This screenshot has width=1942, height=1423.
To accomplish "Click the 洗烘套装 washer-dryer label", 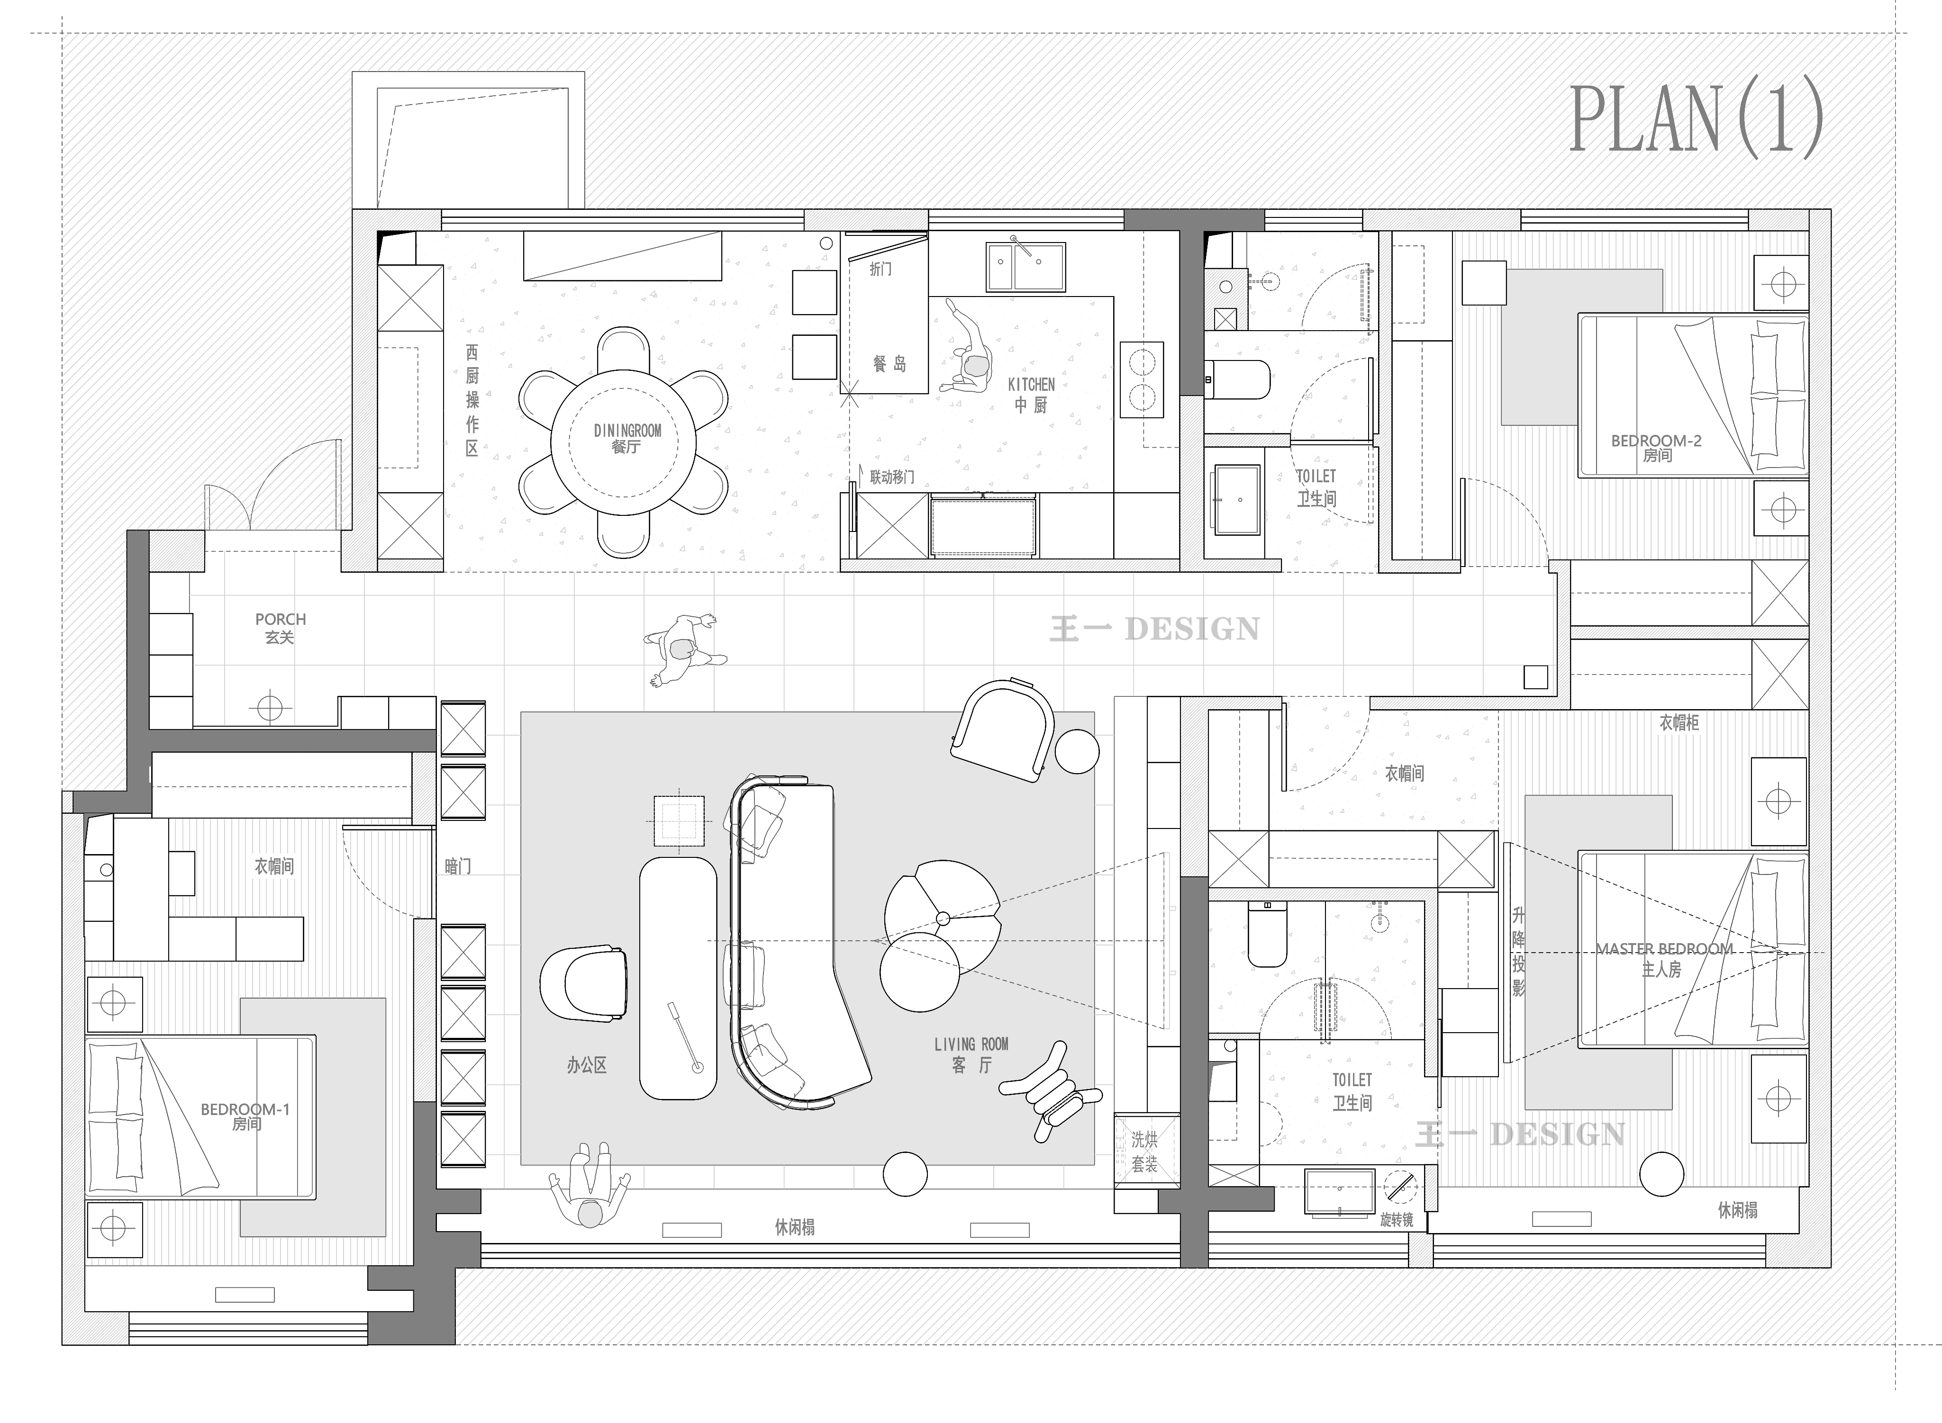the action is click(x=1144, y=1152).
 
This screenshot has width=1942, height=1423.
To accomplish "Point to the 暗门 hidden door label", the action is click(x=457, y=866).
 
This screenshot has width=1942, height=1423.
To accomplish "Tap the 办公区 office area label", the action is click(x=587, y=1065).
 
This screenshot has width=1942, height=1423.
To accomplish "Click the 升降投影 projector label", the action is click(x=1518, y=952).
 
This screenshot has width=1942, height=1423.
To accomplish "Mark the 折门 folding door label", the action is click(x=880, y=269).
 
